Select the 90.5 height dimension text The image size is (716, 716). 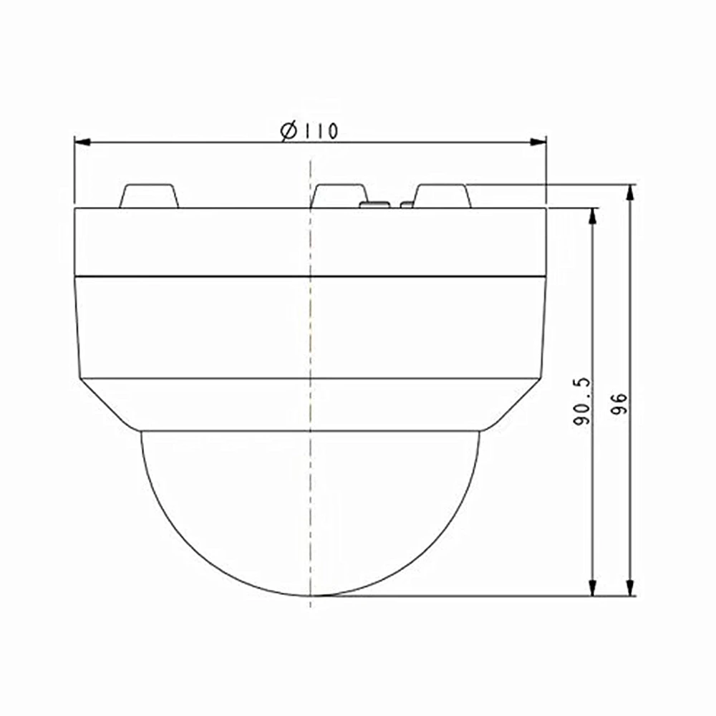click(x=581, y=402)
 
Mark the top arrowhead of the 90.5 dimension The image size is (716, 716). click(x=592, y=215)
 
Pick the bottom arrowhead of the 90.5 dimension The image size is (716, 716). click(x=592, y=589)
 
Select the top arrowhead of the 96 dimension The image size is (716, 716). click(x=630, y=191)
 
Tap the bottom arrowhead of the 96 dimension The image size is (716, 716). click(x=630, y=589)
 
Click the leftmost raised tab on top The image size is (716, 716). click(x=149, y=196)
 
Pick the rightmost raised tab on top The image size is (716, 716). click(x=442, y=196)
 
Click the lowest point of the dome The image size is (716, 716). click(x=310, y=595)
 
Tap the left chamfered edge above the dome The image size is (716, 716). click(x=107, y=405)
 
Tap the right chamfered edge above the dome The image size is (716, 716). click(x=513, y=405)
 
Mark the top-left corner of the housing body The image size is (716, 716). click(x=75, y=208)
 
